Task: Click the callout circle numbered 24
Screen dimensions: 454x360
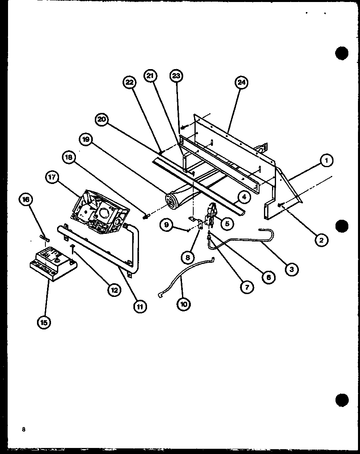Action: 241,83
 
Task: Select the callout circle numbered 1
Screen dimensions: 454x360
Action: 327,161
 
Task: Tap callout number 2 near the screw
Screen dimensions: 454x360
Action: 322,240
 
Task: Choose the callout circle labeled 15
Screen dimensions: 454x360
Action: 44,322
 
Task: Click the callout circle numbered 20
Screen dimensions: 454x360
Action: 102,119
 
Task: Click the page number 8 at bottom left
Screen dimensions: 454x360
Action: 24,429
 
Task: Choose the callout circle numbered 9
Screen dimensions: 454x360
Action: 166,225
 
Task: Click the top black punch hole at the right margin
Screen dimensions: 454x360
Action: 342,53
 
